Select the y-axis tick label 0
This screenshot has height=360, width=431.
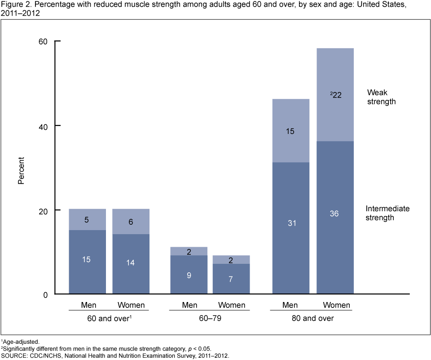(45, 295)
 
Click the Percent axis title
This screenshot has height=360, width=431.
(21, 170)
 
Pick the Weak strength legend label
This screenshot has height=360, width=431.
(381, 97)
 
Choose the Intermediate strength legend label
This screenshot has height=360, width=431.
(387, 213)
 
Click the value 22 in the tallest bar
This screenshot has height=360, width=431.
(336, 95)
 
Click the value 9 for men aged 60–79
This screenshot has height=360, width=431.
(189, 275)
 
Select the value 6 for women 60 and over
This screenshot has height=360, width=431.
(131, 222)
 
